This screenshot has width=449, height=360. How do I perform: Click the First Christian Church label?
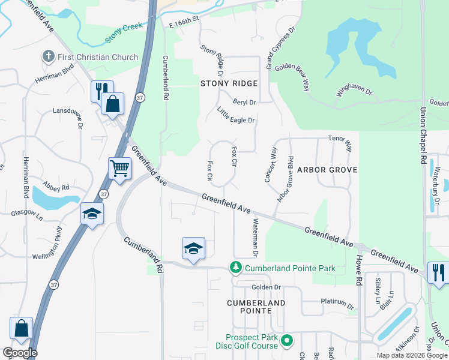[98, 57]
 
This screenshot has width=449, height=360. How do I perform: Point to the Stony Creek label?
[124, 34]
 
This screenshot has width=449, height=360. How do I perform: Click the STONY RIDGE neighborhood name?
[229, 83]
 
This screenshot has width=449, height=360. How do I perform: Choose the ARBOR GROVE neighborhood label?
[327, 170]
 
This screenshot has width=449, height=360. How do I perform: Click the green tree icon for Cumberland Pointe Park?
[237, 268]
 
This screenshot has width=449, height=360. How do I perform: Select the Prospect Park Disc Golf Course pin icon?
[287, 341]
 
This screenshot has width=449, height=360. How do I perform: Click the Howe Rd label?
[359, 271]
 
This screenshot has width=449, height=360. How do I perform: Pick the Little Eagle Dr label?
[236, 116]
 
